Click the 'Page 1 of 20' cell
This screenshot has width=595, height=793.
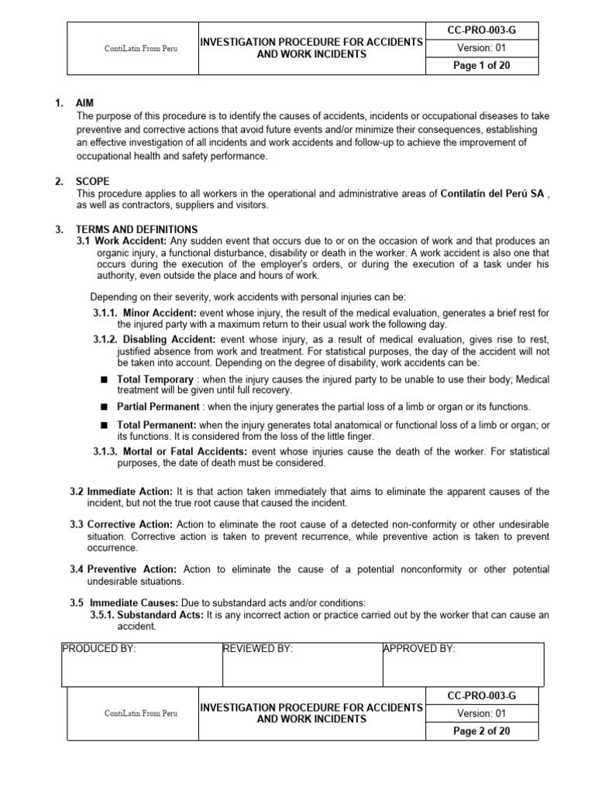(481, 66)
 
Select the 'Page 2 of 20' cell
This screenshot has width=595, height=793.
(481, 731)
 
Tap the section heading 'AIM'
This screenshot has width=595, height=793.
(84, 104)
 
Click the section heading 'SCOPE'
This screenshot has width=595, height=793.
(92, 182)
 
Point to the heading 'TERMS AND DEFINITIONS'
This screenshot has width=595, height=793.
(136, 230)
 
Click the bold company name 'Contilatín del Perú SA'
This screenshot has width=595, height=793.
(493, 194)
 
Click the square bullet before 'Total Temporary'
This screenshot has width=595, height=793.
(104, 380)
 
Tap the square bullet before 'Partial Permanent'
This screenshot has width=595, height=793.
(104, 407)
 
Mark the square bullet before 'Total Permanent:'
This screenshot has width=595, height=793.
(104, 425)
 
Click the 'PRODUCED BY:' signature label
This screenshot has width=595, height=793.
(98, 649)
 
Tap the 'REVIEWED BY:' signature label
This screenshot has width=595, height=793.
(258, 649)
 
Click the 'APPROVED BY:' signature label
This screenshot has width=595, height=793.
(419, 649)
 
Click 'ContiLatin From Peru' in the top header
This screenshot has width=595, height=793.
(140, 48)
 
